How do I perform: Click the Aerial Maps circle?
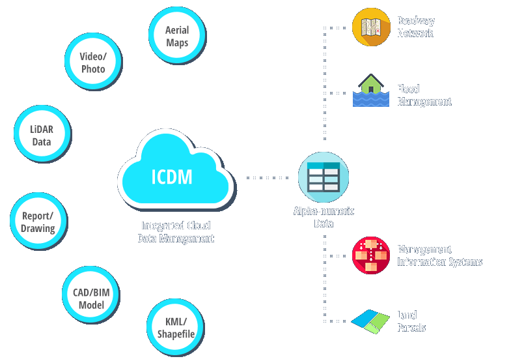click(177, 36)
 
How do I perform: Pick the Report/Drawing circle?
click(38, 222)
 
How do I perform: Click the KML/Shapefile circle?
click(176, 327)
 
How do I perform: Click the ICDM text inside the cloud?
click(172, 176)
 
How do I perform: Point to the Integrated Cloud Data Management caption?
click(176, 232)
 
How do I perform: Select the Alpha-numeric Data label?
click(324, 218)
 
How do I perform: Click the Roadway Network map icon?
click(371, 27)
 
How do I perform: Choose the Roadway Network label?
click(415, 27)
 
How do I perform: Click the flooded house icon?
click(371, 91)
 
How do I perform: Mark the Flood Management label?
click(424, 95)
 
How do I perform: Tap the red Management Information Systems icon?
click(371, 255)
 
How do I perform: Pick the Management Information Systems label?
click(439, 255)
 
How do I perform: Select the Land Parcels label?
click(411, 321)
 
